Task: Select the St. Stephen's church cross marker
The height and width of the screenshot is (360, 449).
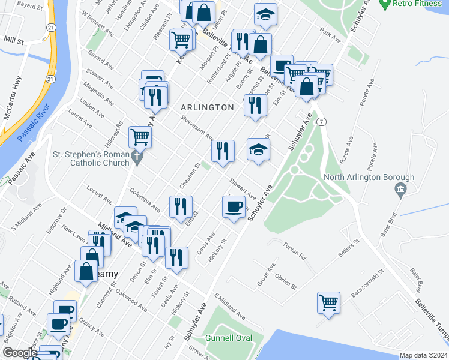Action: pos(137,158)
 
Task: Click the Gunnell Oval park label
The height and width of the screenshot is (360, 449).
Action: pos(228,338)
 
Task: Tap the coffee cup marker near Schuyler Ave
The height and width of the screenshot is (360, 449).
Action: pos(234,207)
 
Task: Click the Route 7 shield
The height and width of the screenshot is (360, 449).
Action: pos(322,122)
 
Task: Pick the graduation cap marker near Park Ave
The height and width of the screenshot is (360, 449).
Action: pos(265,14)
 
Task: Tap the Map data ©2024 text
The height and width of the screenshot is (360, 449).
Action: pos(423,355)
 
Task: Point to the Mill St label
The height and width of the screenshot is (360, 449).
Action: pos(13,41)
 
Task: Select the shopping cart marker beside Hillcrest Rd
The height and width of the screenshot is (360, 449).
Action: pos(140,137)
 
